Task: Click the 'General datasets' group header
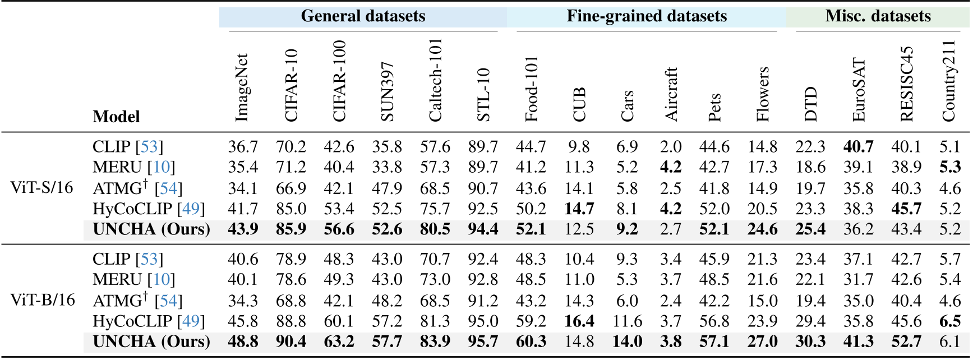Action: click(363, 16)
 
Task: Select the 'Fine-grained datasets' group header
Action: click(646, 16)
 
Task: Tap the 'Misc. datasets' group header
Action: click(878, 16)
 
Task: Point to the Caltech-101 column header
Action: click(435, 80)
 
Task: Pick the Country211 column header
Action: click(948, 81)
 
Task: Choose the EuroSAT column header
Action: click(859, 90)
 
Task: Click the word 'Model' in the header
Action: click(116, 117)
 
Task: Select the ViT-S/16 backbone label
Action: click(41, 187)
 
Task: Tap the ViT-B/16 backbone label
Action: click(43, 300)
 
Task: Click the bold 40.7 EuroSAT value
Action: click(858, 147)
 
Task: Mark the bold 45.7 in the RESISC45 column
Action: click(906, 209)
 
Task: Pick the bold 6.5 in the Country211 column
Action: click(949, 321)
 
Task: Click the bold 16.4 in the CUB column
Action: click(579, 321)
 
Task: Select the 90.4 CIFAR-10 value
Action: click(290, 341)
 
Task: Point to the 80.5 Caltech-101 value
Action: click(435, 229)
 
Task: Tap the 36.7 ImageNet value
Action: click(243, 147)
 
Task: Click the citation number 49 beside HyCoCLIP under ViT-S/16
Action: click(191, 209)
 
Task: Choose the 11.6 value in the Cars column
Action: click(627, 321)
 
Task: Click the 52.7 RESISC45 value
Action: click(906, 341)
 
